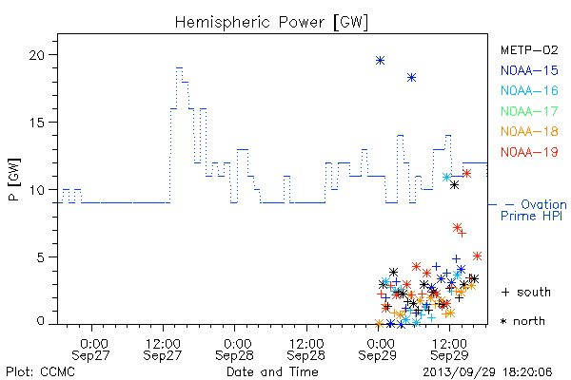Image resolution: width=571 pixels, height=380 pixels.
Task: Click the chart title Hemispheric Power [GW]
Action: click(x=271, y=23)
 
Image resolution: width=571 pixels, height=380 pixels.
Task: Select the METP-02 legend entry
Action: click(x=529, y=49)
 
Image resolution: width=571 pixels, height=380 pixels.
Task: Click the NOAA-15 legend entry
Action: click(x=529, y=70)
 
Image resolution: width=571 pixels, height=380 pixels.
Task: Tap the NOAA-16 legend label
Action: click(x=529, y=90)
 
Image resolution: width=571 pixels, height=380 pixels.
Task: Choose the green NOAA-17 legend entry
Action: click(x=529, y=111)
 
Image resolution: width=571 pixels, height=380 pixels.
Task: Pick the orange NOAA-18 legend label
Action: click(x=529, y=131)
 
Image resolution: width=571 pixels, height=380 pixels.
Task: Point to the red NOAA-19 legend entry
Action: click(x=529, y=152)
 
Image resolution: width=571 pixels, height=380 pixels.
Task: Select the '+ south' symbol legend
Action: click(x=526, y=292)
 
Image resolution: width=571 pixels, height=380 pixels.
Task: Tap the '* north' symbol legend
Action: click(x=522, y=321)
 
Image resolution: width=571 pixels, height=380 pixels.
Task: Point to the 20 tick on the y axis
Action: click(x=37, y=55)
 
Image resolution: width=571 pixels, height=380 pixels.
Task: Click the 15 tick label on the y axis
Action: click(x=37, y=123)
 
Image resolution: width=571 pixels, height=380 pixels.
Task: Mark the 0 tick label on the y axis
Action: click(x=40, y=321)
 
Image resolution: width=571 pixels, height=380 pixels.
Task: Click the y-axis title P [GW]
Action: click(x=14, y=180)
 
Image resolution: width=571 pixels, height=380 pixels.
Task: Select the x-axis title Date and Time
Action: click(x=272, y=372)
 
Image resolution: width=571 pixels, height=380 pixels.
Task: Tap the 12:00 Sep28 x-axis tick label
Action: click(x=305, y=350)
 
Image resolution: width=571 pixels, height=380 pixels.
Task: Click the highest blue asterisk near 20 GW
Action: click(x=380, y=61)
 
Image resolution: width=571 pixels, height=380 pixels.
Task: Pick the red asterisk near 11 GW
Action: click(x=466, y=173)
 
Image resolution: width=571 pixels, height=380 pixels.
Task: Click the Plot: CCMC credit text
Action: click(x=40, y=372)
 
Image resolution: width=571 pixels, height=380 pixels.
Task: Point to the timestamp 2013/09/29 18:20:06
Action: click(x=487, y=372)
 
